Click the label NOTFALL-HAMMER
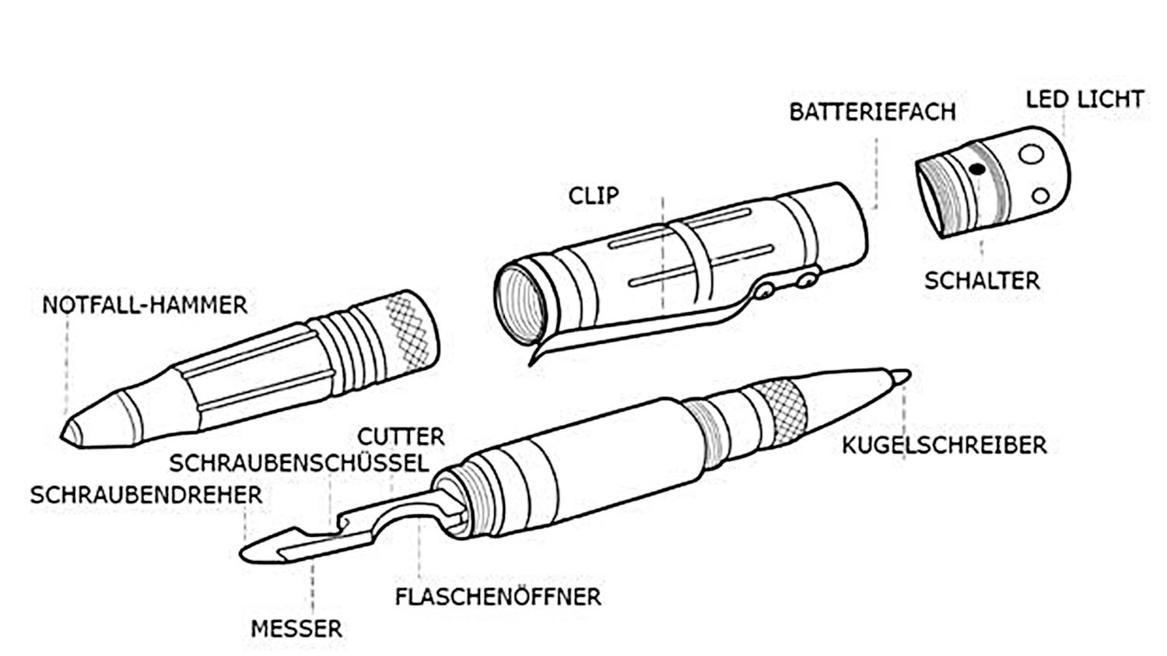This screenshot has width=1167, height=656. tap(145, 305)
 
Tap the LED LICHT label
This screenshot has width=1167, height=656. tap(1084, 100)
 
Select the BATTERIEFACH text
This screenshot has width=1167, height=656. tap(872, 112)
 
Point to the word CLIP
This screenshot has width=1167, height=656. tap(594, 195)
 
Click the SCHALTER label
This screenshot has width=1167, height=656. tap(981, 280)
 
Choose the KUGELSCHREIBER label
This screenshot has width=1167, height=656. tap(944, 446)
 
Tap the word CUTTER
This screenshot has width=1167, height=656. tap(401, 437)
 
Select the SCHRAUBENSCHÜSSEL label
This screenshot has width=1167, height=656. tap(300, 464)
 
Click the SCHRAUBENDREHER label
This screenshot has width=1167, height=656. tap(146, 495)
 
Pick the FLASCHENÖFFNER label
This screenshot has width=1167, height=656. tap(498, 598)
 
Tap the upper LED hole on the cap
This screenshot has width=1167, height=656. tap(1031, 155)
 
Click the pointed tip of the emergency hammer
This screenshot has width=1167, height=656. tap(66, 433)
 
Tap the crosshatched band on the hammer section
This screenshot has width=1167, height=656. tap(408, 327)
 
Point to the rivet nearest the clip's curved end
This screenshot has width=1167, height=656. tap(767, 290)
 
